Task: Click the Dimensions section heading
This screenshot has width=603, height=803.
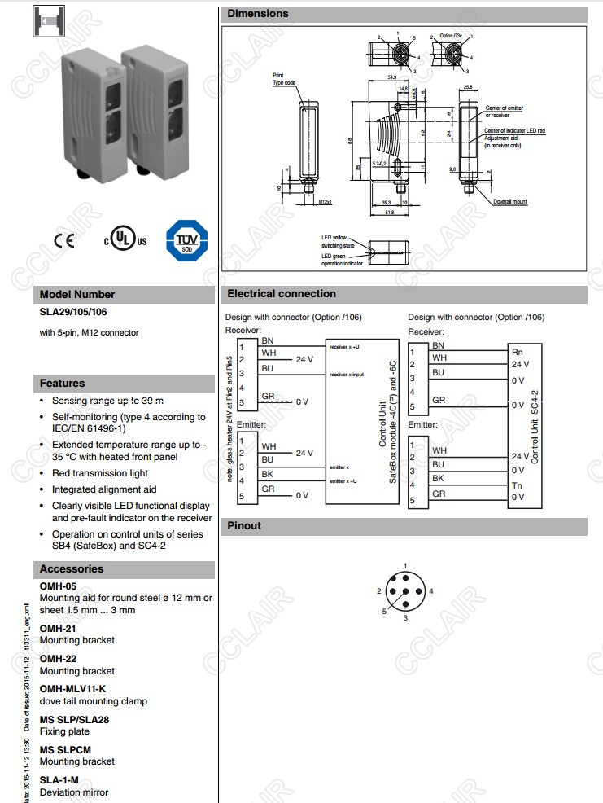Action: (x=258, y=14)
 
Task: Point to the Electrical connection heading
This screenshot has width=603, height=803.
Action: (x=282, y=294)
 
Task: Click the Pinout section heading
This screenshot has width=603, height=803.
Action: (x=244, y=526)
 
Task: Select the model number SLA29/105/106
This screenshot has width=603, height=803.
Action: (x=74, y=311)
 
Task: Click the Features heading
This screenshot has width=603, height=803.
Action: (x=63, y=384)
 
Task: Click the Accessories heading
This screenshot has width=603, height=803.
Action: (x=72, y=569)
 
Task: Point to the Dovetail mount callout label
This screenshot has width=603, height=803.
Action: (x=510, y=201)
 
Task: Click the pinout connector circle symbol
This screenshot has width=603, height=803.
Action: (x=405, y=592)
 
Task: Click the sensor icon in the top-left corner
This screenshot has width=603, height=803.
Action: (x=48, y=21)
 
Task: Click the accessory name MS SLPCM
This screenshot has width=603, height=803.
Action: (x=65, y=749)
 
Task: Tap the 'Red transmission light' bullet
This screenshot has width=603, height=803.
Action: (x=100, y=473)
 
